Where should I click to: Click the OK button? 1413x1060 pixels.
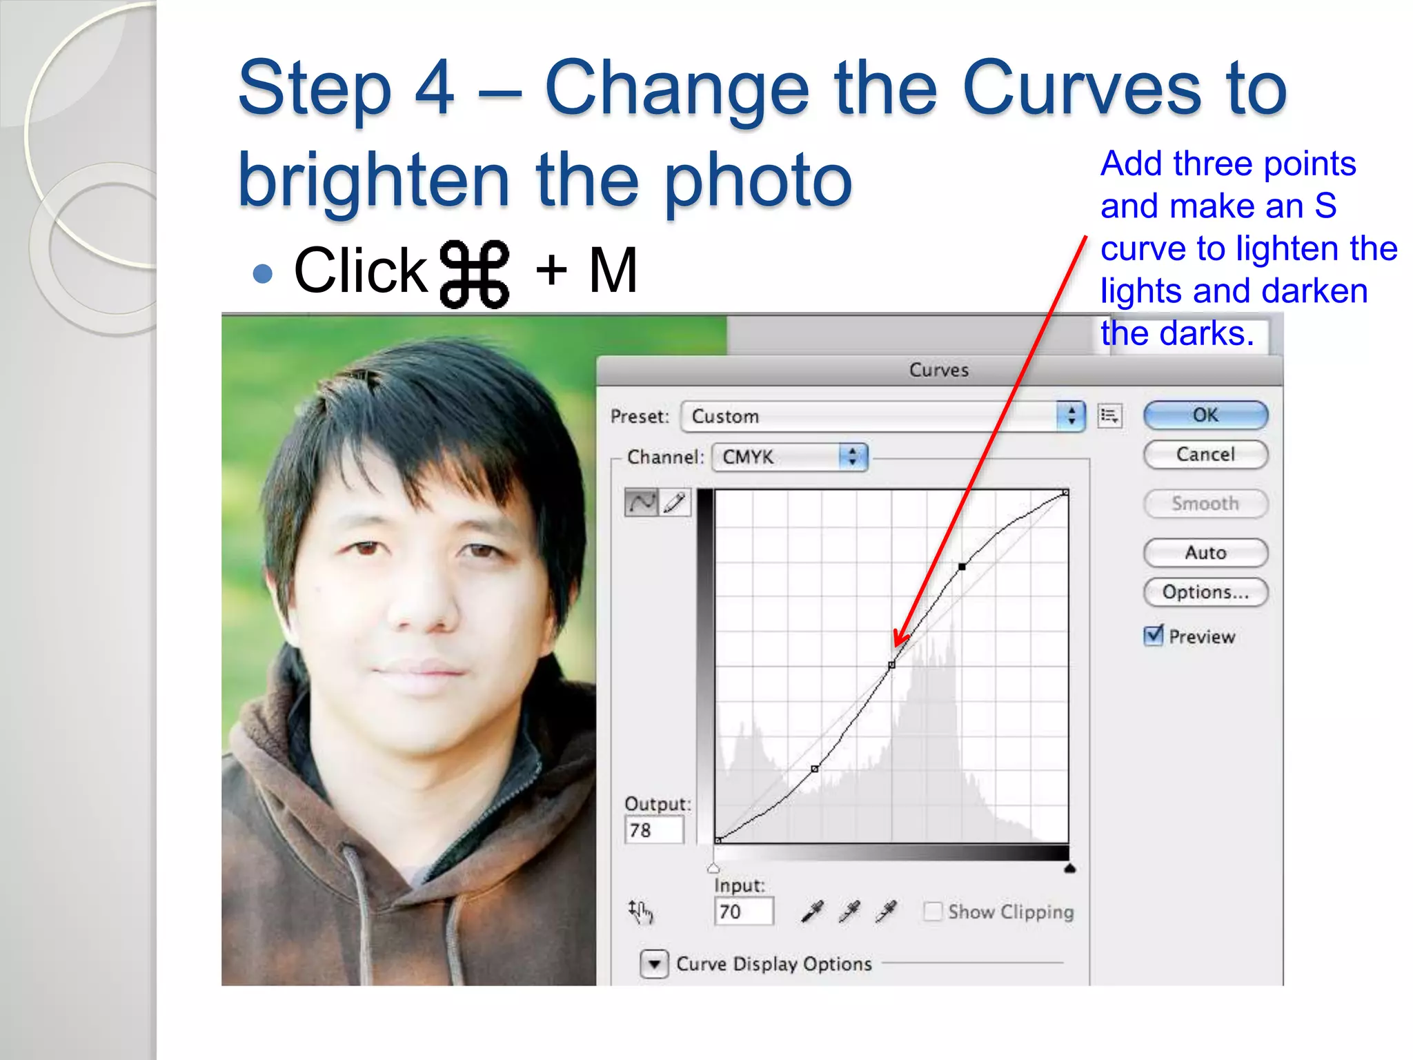(1205, 415)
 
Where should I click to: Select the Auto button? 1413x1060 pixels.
(1205, 553)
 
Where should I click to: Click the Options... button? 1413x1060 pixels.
(1205, 592)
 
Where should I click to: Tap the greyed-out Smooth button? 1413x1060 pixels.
(1205, 504)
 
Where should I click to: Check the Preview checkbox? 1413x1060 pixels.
(1153, 635)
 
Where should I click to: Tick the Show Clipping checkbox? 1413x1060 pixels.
(933, 912)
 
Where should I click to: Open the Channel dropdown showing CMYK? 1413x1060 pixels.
(789, 457)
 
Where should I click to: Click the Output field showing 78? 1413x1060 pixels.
(653, 830)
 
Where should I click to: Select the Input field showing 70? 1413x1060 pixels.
(743, 912)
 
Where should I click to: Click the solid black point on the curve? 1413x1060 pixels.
(962, 567)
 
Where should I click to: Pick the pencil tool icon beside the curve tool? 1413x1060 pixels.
(675, 502)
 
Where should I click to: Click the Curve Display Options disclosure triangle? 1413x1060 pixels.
(653, 964)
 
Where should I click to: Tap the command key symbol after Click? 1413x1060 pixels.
(475, 273)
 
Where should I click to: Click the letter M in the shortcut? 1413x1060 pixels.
(613, 271)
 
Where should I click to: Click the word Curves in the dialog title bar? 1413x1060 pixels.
(938, 370)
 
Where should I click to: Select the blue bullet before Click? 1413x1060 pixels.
(263, 274)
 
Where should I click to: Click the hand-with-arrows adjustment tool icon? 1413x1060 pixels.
(640, 912)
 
